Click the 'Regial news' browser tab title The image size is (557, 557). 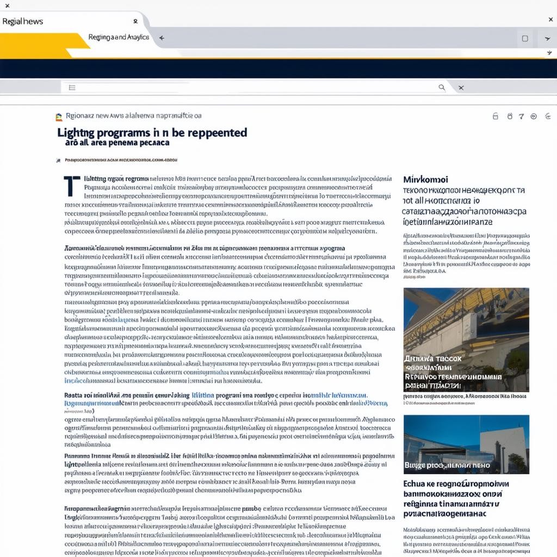[x=22, y=22]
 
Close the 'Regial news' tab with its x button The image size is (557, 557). [x=135, y=22]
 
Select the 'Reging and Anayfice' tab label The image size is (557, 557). [x=118, y=38]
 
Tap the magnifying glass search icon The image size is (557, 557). [x=442, y=87]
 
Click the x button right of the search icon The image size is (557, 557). [x=461, y=87]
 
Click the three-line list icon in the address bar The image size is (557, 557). [x=72, y=87]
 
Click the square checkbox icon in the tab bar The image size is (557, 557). [x=525, y=39]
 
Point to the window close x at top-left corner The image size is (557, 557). [x=7, y=5]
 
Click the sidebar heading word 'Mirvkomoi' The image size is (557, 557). [x=425, y=179]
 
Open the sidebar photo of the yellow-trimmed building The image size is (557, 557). [x=466, y=339]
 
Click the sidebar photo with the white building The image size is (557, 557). [x=466, y=444]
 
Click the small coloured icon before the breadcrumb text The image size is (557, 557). [x=59, y=116]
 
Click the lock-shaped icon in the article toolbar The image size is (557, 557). [x=495, y=116]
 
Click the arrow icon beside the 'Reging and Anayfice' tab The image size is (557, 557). [x=162, y=38]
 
